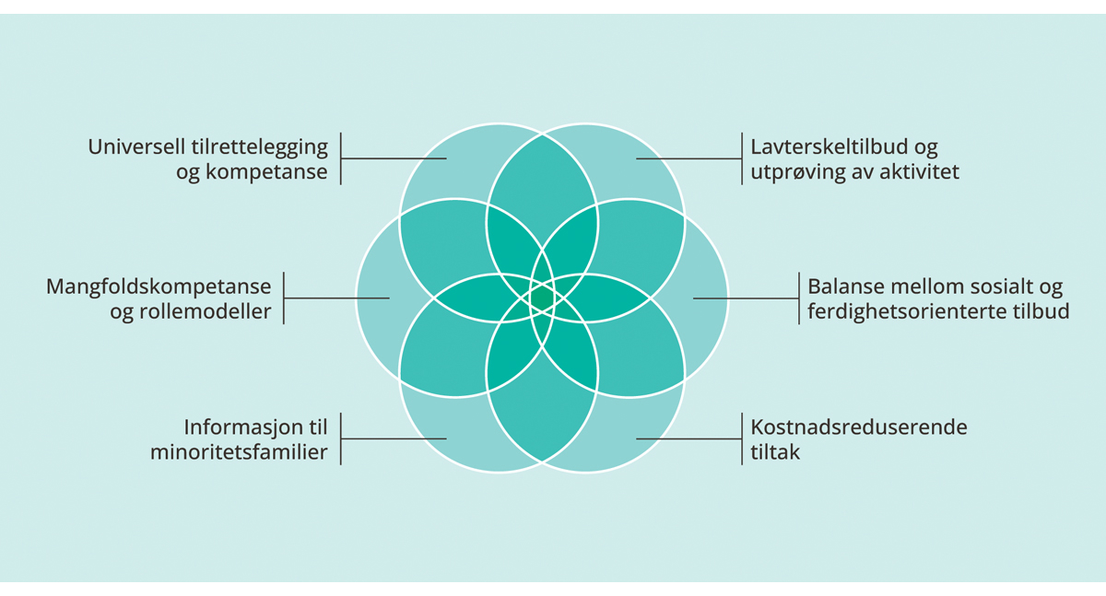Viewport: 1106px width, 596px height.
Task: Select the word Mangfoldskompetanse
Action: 159,286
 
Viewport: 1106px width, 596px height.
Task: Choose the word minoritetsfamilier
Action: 239,452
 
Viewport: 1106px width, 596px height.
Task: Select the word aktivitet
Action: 918,172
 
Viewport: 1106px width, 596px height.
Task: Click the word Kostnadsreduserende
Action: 858,427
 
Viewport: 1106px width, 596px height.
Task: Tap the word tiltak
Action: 775,452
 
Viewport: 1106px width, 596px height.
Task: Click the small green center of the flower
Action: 542,298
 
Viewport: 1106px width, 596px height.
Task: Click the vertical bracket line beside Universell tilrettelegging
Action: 341,158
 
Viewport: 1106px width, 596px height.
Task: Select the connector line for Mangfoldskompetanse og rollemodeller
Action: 336,298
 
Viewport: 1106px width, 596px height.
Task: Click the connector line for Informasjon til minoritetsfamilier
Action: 394,438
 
